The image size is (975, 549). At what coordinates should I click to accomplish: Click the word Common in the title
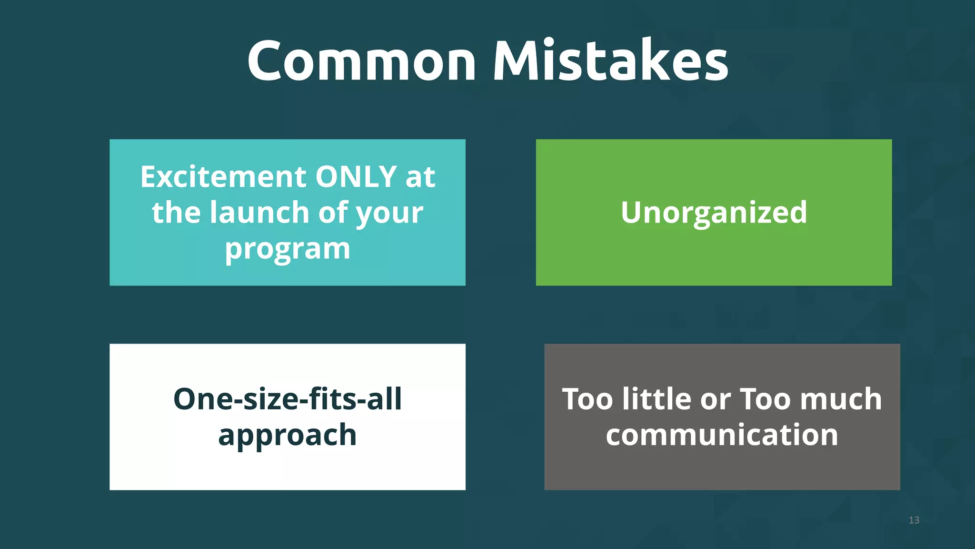[x=361, y=61]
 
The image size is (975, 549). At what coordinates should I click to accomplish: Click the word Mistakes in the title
[x=610, y=61]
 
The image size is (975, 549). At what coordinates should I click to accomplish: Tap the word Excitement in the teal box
[x=223, y=177]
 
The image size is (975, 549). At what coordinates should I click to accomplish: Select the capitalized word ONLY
[x=356, y=177]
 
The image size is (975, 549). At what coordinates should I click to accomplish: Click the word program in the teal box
[x=288, y=249]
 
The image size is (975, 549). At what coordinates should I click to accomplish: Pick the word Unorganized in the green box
[x=714, y=213]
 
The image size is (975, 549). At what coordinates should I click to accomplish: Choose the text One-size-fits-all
[x=288, y=399]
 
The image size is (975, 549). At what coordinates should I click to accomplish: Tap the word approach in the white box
[x=288, y=436]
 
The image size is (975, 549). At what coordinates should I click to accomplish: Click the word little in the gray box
[x=657, y=399]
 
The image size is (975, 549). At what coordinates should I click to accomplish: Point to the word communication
[x=722, y=435]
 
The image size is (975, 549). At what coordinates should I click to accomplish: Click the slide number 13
[x=914, y=520]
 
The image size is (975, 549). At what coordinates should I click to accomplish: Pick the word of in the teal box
[x=333, y=213]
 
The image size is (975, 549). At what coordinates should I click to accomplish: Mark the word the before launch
[x=177, y=213]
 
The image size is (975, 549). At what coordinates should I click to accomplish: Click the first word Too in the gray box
[x=587, y=399]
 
